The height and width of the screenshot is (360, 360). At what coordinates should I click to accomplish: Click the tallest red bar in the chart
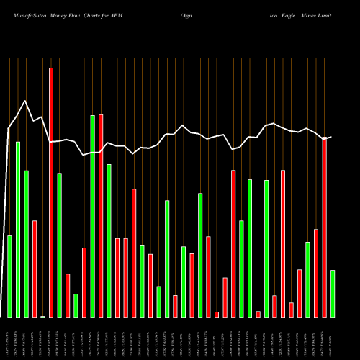(51, 192)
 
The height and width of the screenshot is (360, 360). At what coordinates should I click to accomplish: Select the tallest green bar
(92, 216)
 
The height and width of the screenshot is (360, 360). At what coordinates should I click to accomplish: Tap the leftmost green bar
(9, 276)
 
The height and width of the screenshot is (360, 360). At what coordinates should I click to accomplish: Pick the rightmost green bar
(333, 293)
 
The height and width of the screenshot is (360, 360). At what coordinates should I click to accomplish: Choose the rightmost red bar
(325, 228)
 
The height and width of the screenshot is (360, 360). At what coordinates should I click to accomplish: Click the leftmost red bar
(35, 269)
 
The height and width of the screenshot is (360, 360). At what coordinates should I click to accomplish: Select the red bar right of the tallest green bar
(101, 215)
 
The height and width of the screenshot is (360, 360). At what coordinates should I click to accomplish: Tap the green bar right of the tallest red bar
(59, 245)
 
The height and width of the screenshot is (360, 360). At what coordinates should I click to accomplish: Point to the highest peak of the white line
(25, 101)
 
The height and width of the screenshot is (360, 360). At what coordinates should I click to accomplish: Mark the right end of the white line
(331, 137)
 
